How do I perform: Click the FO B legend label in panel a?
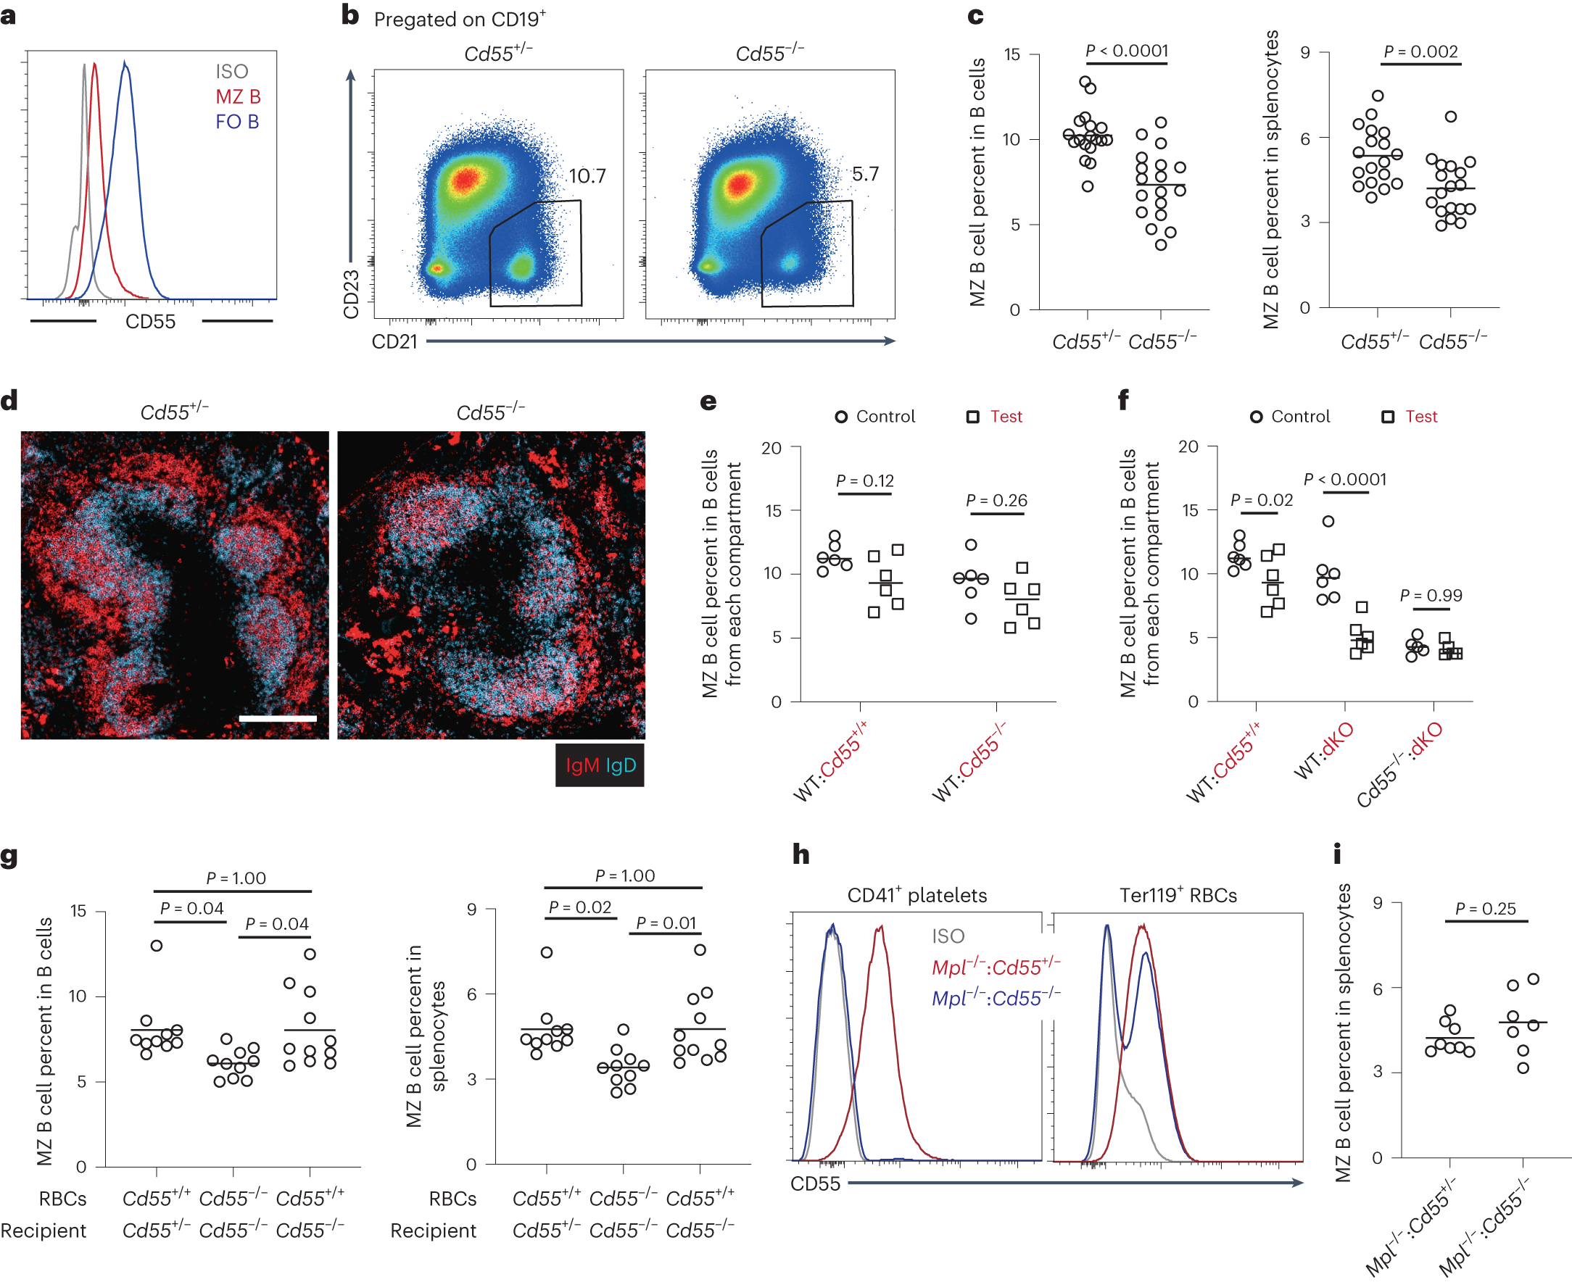(237, 122)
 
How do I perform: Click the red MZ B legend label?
(238, 96)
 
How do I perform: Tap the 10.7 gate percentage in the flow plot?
(587, 176)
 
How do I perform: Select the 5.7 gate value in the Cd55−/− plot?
(865, 174)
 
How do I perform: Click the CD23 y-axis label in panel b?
(352, 294)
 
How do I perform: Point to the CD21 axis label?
(394, 342)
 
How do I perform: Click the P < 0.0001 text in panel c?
(1127, 50)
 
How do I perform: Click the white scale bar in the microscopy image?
(278, 717)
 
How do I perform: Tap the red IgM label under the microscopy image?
(582, 766)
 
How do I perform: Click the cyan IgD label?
(621, 766)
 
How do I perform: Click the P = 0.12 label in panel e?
(864, 480)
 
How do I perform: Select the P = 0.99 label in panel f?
(1430, 595)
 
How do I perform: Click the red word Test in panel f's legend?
(1420, 417)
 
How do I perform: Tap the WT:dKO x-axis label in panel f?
(1324, 751)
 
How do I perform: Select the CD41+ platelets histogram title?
(917, 895)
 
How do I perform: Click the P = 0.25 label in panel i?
(1485, 908)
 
